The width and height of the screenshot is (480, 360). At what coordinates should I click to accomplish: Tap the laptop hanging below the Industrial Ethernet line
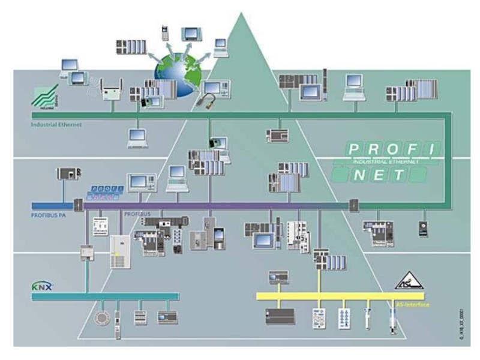(x=138, y=140)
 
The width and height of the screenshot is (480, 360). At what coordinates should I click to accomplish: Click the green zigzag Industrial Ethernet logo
(x=45, y=97)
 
